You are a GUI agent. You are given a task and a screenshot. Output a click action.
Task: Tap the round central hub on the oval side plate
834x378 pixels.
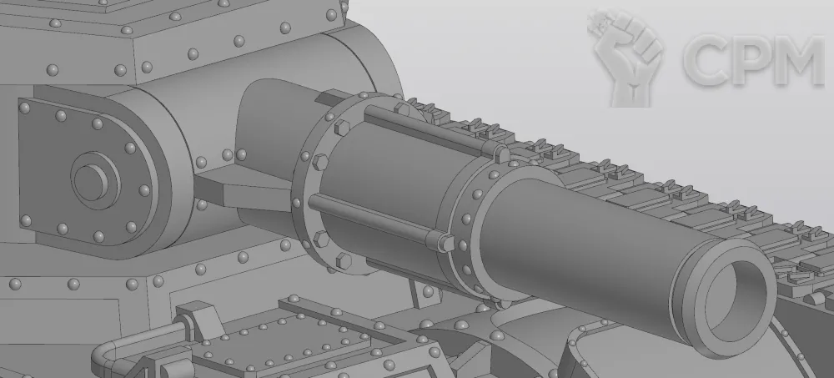[x=91, y=181]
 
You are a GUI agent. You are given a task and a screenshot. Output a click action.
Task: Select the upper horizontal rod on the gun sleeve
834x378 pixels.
[x=432, y=131]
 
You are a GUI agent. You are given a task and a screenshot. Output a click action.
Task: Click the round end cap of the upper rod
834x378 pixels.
[x=501, y=154]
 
